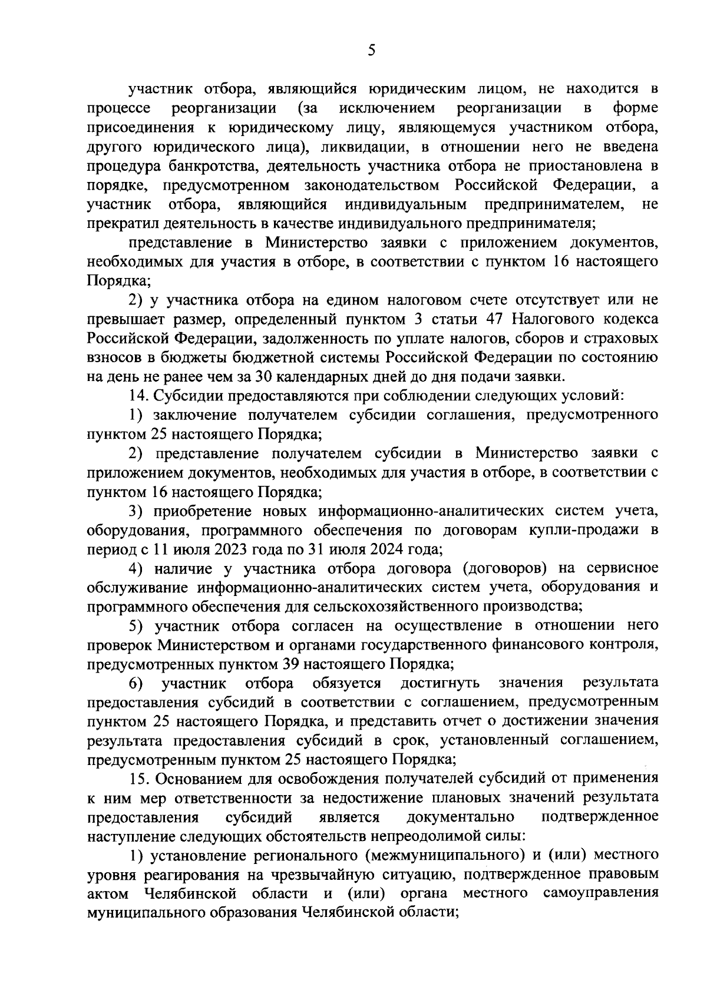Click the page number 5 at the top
371,51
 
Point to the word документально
461,817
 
